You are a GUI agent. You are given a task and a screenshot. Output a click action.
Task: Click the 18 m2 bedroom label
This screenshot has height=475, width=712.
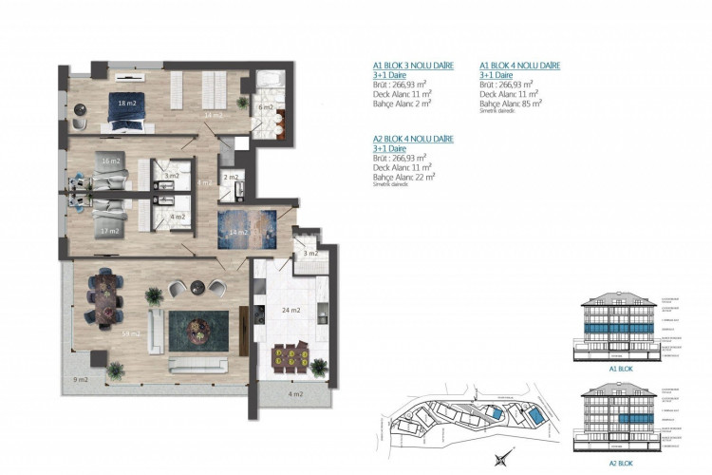click(x=124, y=102)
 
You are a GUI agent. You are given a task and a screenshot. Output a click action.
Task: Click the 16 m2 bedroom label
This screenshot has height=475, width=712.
click(x=111, y=161)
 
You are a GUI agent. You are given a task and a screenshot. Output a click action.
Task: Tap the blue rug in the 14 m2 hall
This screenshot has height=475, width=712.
click(x=242, y=230)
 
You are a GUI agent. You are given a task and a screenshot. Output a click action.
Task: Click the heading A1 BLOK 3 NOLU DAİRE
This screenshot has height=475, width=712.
click(x=413, y=66)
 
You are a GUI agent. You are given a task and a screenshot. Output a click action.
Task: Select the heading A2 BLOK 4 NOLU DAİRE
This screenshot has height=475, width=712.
click(x=413, y=139)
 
